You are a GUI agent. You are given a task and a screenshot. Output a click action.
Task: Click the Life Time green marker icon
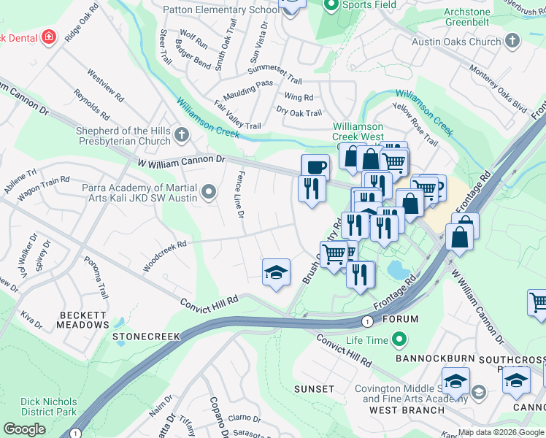point(399,339)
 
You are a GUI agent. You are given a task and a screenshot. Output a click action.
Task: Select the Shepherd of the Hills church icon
point(180,135)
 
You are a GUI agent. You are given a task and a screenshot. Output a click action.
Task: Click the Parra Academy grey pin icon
point(209,193)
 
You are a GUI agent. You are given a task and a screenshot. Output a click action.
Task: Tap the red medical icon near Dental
point(49,36)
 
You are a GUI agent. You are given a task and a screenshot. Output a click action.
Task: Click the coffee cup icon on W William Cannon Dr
point(315,167)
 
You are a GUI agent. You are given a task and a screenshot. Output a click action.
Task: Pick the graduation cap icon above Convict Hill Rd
point(276,272)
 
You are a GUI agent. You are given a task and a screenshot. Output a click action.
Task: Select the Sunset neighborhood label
point(314,389)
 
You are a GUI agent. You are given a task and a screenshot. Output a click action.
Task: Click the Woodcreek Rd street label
point(165,257)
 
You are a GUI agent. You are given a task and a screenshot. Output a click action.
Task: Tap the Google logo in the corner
point(24,429)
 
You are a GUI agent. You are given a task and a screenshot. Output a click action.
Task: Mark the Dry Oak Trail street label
point(299,112)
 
